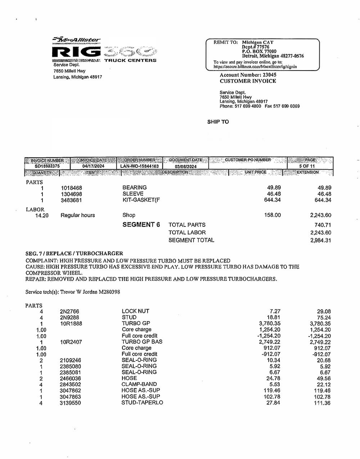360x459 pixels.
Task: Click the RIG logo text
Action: (77, 52)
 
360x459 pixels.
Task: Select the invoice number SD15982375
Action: (47, 166)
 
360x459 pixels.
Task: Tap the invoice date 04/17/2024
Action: (93, 166)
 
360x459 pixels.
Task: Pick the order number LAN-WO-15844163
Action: (139, 166)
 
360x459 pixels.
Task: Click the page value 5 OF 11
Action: (307, 166)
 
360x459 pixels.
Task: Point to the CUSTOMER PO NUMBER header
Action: (248, 160)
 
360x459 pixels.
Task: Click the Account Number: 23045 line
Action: (248, 75)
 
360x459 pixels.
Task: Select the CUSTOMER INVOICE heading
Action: (248, 81)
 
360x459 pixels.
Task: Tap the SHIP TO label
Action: (218, 122)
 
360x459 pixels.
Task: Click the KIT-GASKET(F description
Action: (141, 200)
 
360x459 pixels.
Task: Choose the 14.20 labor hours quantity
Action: (42, 215)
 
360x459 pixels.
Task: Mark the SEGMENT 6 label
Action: (141, 225)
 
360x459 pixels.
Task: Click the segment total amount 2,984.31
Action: (320, 240)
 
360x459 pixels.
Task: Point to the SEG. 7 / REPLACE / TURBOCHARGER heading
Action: (74, 253)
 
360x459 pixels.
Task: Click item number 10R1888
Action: (71, 324)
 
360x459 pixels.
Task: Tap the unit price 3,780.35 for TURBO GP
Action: (270, 324)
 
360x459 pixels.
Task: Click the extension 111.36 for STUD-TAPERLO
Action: (322, 403)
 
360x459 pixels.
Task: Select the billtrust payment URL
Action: (255, 67)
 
